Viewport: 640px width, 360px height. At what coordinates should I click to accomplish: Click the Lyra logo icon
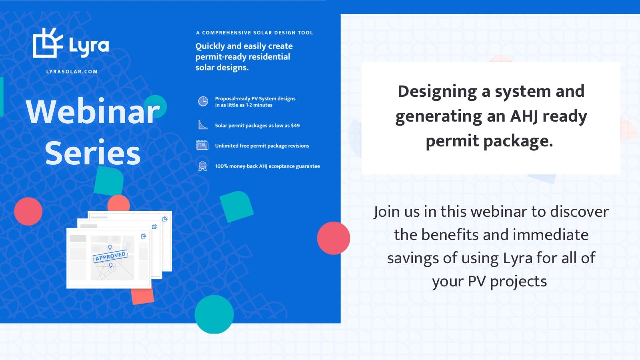[x=48, y=42]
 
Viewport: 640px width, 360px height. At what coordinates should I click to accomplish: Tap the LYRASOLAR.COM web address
[x=72, y=72]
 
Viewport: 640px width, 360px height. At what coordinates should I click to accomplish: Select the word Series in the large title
[x=93, y=152]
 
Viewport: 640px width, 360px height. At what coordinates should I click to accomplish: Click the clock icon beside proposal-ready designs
[x=203, y=102]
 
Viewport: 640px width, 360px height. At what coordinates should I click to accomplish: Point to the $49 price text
[x=295, y=126]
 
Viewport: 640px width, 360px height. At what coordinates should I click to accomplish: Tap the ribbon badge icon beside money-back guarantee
[x=202, y=166]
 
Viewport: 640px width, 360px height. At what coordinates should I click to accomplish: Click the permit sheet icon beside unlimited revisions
[x=202, y=146]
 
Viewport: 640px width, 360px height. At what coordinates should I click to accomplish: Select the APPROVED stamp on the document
[x=110, y=256]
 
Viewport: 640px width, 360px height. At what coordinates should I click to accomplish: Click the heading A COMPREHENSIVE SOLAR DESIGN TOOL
[x=254, y=32]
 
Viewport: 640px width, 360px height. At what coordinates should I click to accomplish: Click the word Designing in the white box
[x=438, y=92]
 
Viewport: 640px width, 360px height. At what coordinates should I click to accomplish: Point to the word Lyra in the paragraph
[x=518, y=258]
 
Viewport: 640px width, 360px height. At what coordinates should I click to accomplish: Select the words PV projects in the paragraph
[x=508, y=282]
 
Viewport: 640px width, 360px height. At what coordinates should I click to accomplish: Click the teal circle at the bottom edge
[x=214, y=314]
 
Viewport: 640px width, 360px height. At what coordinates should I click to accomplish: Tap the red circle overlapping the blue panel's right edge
[x=334, y=238]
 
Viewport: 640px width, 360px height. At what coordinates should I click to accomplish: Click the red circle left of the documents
[x=28, y=212]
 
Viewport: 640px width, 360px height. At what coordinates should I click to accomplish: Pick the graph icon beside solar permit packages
[x=203, y=125]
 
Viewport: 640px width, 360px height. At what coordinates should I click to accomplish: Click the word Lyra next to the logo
[x=89, y=46]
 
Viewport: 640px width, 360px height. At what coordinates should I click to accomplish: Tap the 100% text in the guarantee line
[x=221, y=166]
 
